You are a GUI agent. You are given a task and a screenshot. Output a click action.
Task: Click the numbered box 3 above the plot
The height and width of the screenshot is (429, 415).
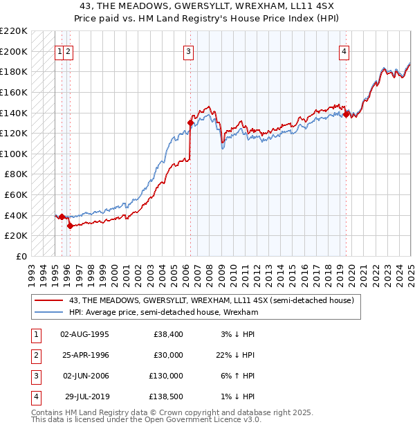(189, 51)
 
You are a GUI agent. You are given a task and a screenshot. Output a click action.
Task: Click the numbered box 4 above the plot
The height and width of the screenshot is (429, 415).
(344, 51)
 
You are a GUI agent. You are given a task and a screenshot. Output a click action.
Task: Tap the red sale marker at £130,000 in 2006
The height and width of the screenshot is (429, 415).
(190, 123)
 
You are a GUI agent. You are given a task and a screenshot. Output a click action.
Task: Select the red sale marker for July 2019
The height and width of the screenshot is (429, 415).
(346, 114)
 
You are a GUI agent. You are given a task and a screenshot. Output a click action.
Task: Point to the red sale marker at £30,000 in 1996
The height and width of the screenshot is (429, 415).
(70, 225)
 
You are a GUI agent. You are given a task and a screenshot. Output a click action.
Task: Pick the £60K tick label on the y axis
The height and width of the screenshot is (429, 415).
(16, 194)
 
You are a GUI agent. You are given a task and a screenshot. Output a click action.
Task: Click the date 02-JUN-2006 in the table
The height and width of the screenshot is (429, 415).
(85, 376)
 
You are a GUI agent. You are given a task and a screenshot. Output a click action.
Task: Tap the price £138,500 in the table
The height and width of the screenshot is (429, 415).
(167, 396)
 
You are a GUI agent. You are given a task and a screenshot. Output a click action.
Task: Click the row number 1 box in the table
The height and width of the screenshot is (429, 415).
(35, 334)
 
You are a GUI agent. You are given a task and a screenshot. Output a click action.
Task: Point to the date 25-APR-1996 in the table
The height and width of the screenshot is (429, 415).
(85, 355)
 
